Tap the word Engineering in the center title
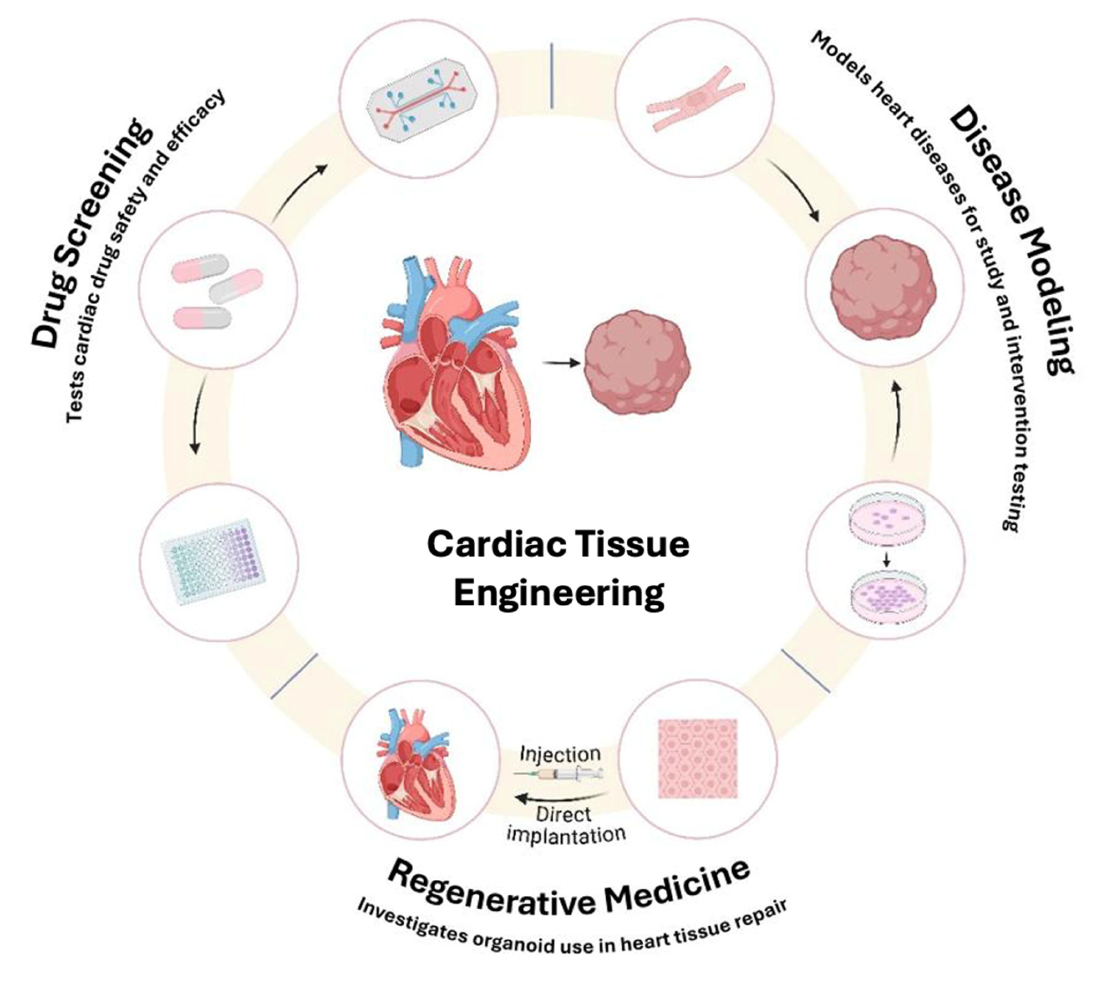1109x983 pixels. tap(559, 593)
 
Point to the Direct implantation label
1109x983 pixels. tap(565, 825)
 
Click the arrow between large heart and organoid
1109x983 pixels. tap(562, 364)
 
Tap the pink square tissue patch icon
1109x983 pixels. tap(698, 759)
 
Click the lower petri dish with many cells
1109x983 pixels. tap(885, 597)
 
